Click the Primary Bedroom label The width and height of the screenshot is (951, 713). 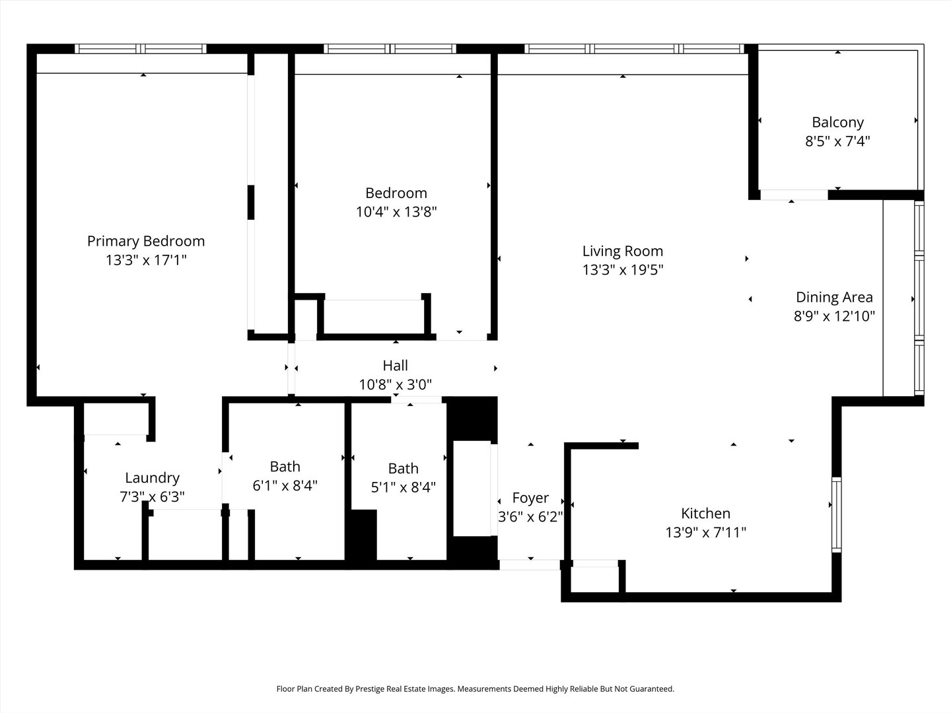point(146,242)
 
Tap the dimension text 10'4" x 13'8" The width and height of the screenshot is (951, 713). point(396,212)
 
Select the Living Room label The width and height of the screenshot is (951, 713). point(622,251)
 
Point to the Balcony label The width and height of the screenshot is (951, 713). point(837,122)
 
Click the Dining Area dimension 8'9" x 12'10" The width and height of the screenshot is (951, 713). point(834,316)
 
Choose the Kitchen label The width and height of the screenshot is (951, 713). point(705,514)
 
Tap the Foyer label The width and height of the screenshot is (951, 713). point(530,498)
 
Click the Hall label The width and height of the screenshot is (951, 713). point(395,366)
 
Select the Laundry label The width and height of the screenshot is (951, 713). point(152,478)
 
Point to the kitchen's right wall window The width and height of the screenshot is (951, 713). point(837,514)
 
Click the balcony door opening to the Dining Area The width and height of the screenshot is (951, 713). point(793,195)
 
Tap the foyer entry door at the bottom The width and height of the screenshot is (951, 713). point(530,564)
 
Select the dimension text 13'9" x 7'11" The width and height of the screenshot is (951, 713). point(705,532)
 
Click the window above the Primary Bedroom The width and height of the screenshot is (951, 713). point(141,49)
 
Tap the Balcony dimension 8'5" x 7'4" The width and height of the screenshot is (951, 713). point(837,141)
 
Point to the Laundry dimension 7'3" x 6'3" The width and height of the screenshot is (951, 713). point(152,496)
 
